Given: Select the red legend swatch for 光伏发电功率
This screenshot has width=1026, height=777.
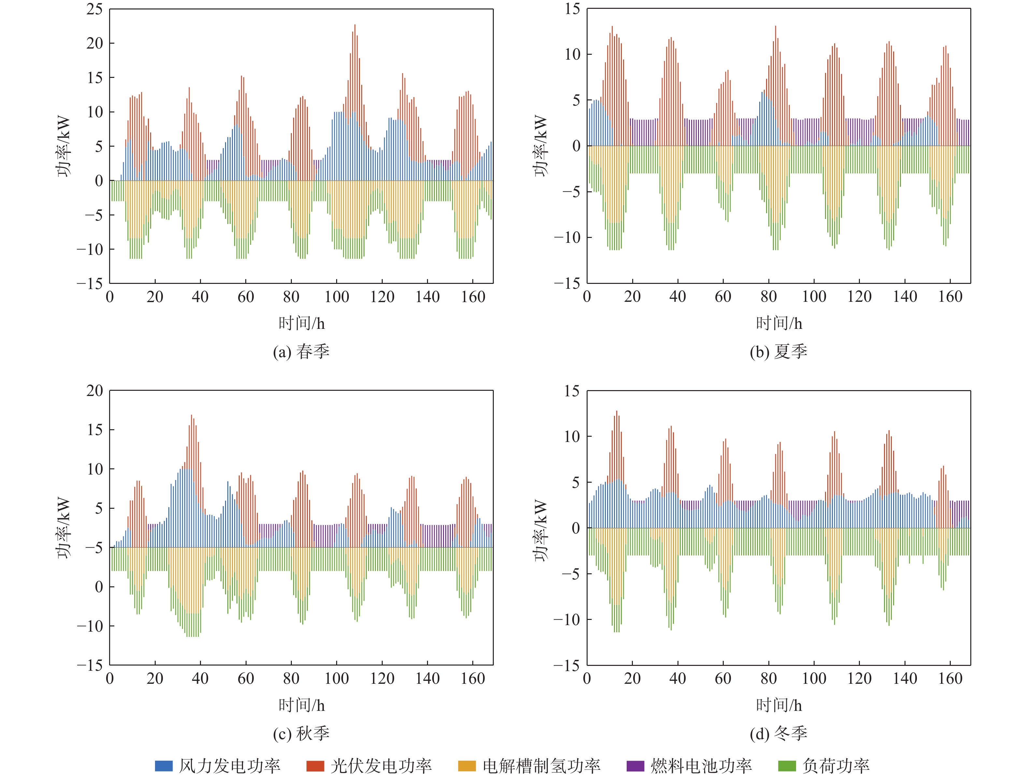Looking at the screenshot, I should pos(315,765).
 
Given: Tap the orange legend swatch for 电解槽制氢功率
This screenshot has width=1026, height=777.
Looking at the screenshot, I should pos(467,765).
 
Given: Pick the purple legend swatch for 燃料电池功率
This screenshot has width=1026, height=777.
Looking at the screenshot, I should pos(635,765).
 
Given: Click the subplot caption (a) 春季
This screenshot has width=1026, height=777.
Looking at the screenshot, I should pos(301,351).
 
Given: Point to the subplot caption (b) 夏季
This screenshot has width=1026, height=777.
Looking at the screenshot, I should pos(778,351).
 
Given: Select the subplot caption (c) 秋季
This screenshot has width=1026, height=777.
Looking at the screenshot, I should pos(301,733).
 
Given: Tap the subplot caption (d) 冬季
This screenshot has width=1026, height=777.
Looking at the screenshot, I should pos(778,733).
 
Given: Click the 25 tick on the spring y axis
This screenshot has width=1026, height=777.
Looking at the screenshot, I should pos(95,9).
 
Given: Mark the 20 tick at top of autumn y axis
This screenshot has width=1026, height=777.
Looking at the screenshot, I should pos(95,391).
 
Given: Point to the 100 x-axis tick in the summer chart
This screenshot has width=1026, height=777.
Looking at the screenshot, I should pos(814,297).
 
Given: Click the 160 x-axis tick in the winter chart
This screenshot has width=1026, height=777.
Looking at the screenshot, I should pos(950,679).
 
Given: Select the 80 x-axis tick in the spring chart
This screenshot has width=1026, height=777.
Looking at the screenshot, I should pos(291,297).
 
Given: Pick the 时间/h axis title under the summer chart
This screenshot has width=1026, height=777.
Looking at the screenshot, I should pos(779,323).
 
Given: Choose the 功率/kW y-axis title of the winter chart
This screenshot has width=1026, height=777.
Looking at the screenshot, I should pos(541,531).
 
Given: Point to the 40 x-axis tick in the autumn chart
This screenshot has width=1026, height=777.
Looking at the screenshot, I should pos(200,679).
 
